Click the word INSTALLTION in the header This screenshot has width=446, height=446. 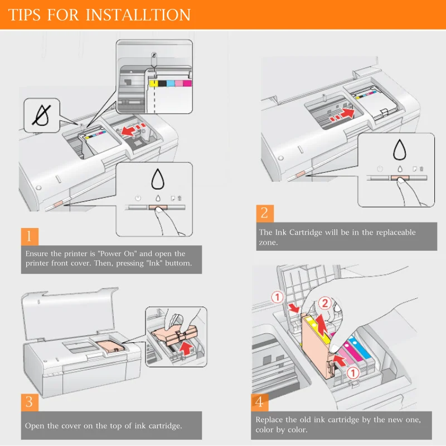click(x=138, y=15)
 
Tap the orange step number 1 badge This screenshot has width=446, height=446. click(x=30, y=236)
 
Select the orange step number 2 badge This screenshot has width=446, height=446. click(x=265, y=214)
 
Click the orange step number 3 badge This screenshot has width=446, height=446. click(x=30, y=402)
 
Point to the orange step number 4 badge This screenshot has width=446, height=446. click(x=259, y=402)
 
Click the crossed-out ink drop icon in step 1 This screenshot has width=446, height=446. click(x=42, y=115)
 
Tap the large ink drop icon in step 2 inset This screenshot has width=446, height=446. click(x=400, y=149)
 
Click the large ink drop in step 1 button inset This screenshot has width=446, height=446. click(x=158, y=179)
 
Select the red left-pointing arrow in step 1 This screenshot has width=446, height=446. click(x=129, y=131)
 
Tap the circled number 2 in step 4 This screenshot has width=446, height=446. click(x=325, y=303)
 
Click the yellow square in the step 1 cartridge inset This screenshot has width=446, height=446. click(x=154, y=83)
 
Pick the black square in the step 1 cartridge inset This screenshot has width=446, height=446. click(x=162, y=83)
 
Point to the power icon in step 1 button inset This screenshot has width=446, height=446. click(x=138, y=198)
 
